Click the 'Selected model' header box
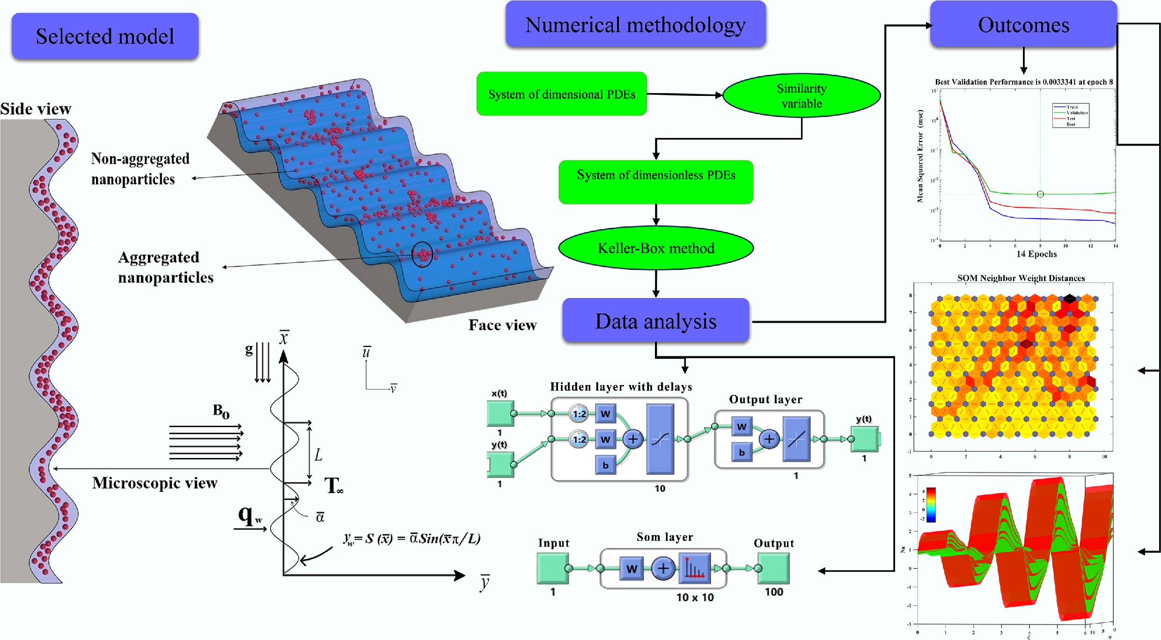click(x=105, y=36)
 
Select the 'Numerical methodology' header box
click(x=635, y=25)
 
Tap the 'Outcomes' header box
click(x=1023, y=25)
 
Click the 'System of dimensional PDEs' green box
click(x=561, y=94)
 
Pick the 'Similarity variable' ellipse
click(x=801, y=95)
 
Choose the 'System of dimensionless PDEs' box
click(x=655, y=182)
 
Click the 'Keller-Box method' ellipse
click(x=655, y=248)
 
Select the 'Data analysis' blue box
click(x=655, y=321)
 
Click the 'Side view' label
click(x=36, y=109)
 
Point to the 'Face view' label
click(x=502, y=325)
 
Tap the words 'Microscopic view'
click(x=154, y=483)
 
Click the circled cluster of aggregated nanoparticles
click(x=422, y=255)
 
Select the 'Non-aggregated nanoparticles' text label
click(x=140, y=169)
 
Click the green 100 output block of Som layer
click(x=773, y=568)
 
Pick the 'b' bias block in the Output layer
click(x=742, y=452)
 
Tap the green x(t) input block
click(x=500, y=413)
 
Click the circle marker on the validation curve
click(x=1040, y=194)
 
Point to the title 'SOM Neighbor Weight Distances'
click(x=1021, y=278)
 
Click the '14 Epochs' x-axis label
click(x=1036, y=254)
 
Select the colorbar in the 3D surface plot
click(x=931, y=505)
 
